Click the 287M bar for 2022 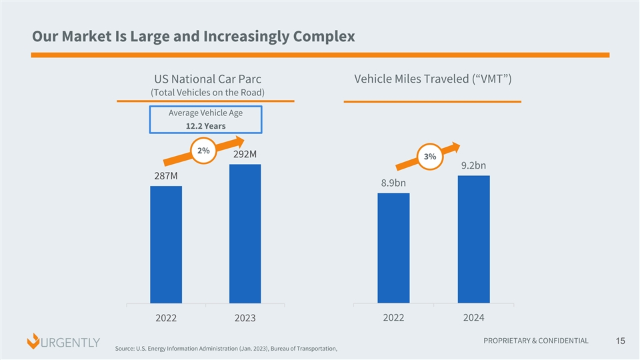tap(166, 245)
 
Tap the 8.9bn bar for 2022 tap(393, 248)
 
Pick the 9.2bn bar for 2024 tap(473, 239)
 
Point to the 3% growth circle tap(429, 157)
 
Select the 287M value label tap(166, 176)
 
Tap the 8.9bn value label tap(393, 183)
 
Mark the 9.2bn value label tap(473, 165)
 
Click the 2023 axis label tap(245, 319)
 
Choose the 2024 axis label tap(473, 317)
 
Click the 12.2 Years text tap(205, 126)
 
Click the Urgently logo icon tap(33, 342)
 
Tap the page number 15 tap(620, 342)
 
